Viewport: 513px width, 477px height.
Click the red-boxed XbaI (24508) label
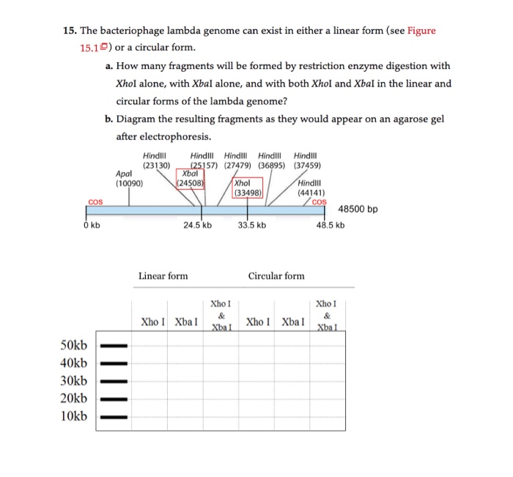[x=191, y=179]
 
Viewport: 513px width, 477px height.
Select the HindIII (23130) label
[x=155, y=160]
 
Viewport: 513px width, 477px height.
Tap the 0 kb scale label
[x=92, y=225]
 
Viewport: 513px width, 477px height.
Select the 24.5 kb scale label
[x=197, y=225]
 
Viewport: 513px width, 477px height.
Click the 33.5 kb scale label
[x=252, y=225]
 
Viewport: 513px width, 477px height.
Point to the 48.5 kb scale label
[x=330, y=225]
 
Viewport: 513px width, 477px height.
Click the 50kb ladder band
[x=114, y=345]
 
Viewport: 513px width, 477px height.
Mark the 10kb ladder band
[x=114, y=417]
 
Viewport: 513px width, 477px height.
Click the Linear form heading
[x=163, y=276]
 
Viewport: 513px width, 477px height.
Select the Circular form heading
[x=276, y=276]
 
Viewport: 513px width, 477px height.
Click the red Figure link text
[x=421, y=30]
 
